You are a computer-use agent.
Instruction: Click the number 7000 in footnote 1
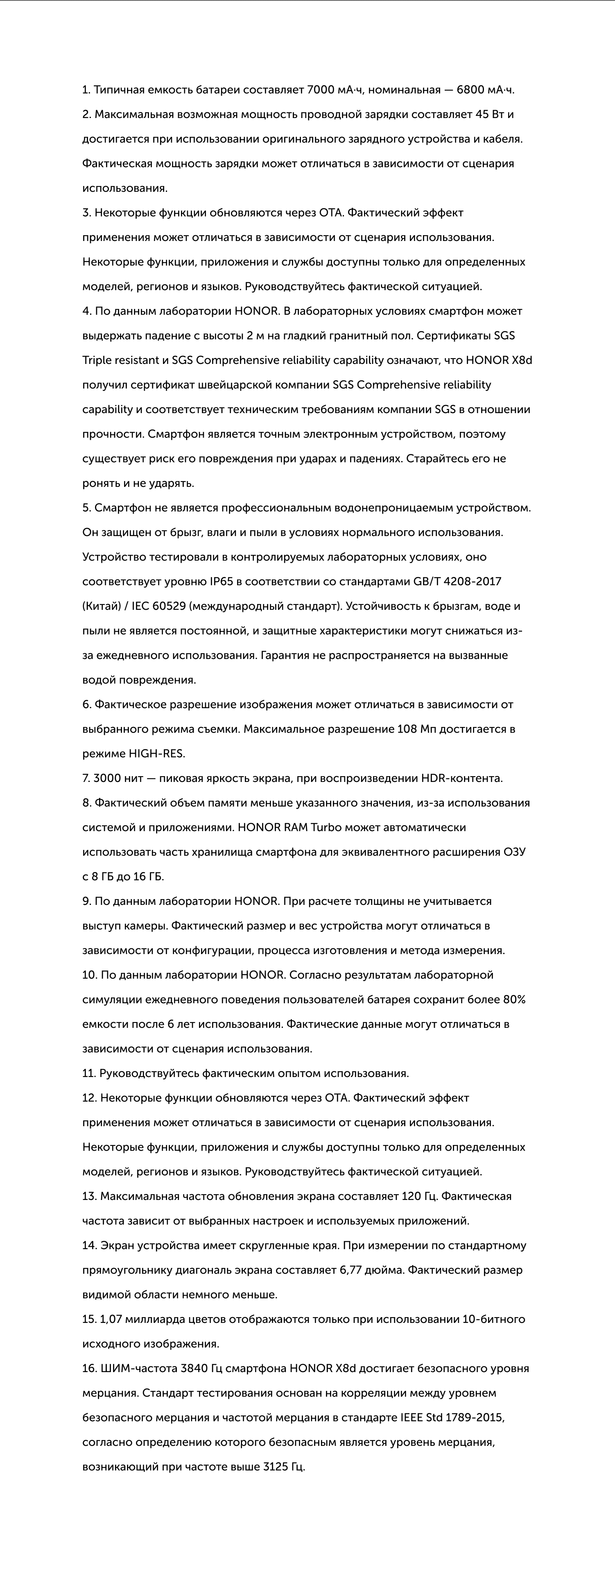321,90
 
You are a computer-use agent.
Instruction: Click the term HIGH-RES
157,754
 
